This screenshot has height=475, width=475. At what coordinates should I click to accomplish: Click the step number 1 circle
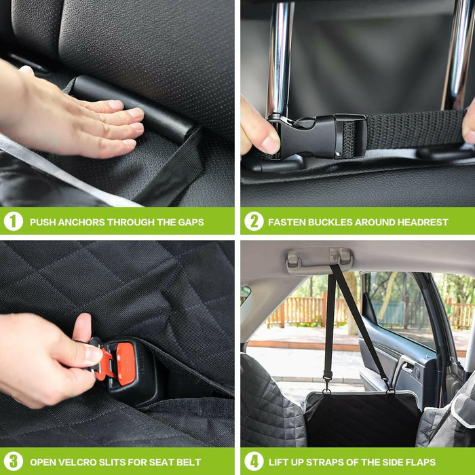14,221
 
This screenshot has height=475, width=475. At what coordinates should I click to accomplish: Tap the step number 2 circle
254,221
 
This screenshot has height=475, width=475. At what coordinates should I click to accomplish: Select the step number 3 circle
14,461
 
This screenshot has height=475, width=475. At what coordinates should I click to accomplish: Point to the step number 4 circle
254,461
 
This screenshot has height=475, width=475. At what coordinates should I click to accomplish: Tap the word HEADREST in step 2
423,223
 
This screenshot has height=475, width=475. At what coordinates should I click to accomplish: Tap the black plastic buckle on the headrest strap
318,136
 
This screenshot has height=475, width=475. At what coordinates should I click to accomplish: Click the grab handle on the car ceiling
320,260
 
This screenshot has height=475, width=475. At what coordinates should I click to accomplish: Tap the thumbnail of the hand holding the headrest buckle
270,145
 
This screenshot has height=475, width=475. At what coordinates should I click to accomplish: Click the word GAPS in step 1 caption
191,223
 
